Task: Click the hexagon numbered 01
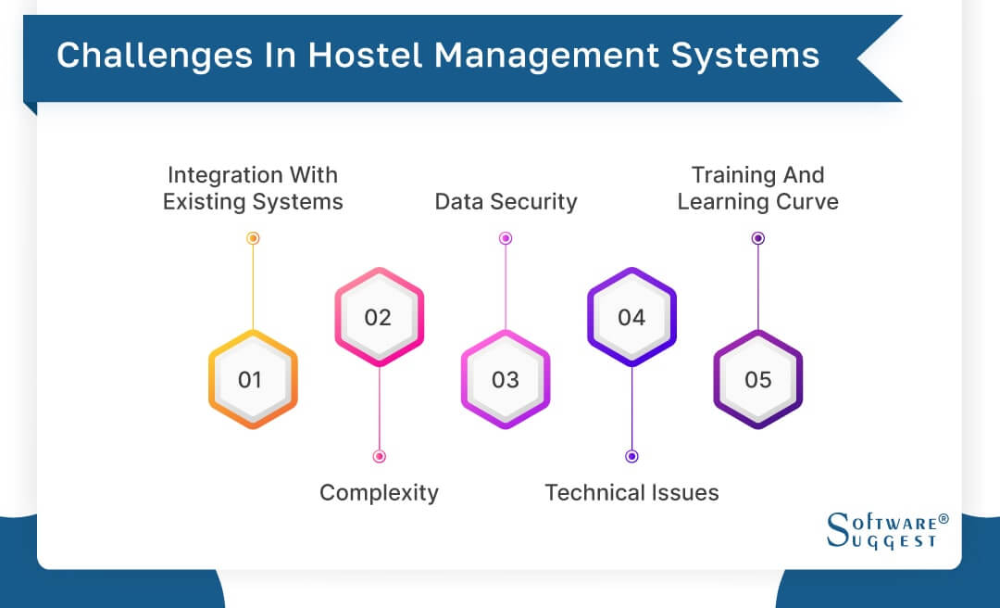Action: [x=252, y=379]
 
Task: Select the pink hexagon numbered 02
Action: [x=379, y=317]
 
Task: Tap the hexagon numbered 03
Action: [x=506, y=379]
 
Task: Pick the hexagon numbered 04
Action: [x=631, y=317]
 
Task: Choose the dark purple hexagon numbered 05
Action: [x=757, y=379]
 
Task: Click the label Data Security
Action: [x=506, y=202]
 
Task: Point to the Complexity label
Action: [x=379, y=492]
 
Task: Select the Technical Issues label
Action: [x=631, y=492]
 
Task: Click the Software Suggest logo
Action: [x=887, y=530]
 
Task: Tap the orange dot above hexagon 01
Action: [x=253, y=238]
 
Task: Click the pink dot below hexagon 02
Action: [x=379, y=456]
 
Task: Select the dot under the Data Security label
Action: [x=506, y=238]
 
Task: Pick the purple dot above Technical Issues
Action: [x=631, y=456]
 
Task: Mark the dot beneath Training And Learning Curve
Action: [x=757, y=238]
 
